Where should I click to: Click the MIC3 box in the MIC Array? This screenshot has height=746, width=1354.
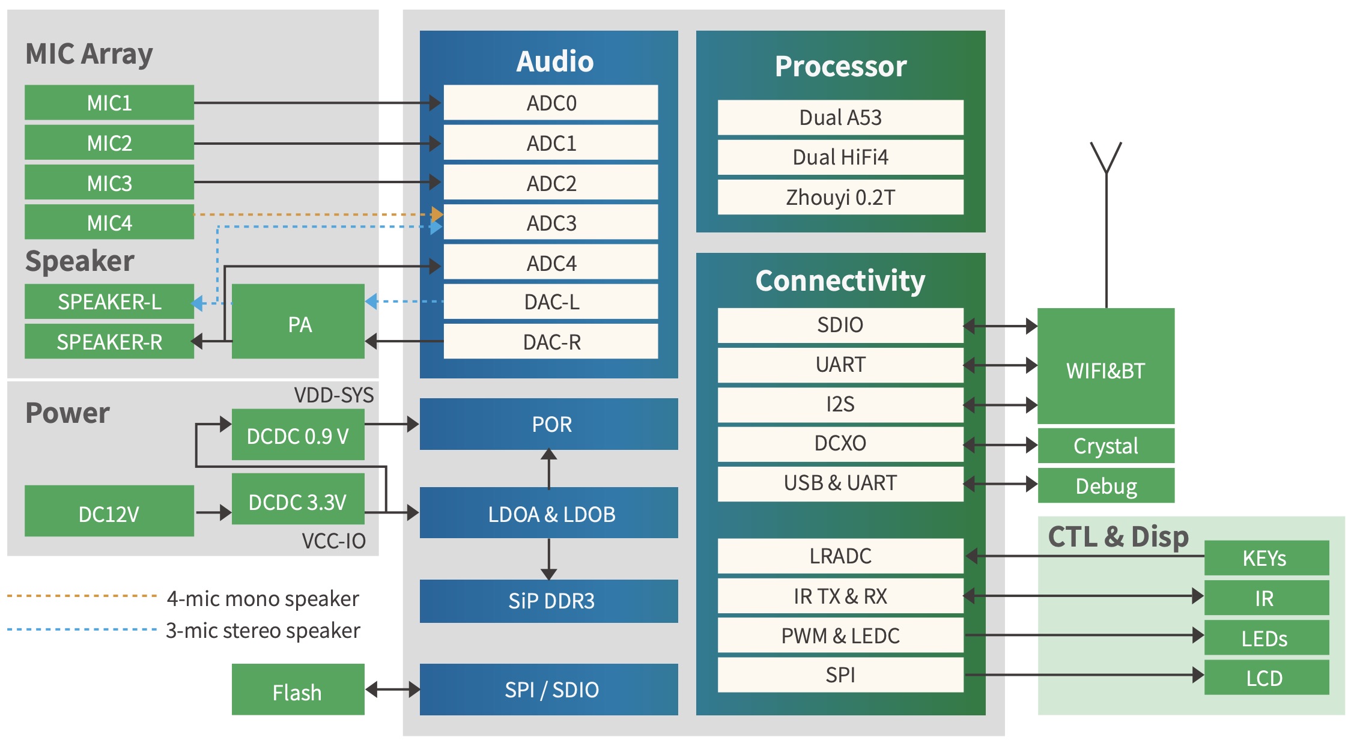109,183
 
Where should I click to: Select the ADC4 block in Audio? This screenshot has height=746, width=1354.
551,263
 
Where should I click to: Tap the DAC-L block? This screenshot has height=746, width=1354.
551,302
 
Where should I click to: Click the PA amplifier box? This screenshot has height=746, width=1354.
299,324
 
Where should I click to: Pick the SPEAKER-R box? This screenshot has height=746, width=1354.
109,342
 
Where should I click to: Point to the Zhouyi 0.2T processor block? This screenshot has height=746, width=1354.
840,197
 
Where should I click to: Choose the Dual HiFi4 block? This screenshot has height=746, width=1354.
840,157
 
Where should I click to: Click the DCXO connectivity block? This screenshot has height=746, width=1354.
840,443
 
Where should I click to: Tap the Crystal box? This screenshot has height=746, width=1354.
1105,446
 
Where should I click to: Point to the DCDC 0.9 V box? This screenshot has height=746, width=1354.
298,435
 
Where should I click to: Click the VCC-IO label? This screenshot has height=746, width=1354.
334,541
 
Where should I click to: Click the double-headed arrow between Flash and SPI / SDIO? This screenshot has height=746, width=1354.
392,689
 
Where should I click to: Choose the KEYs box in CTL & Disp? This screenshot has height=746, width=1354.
1266,558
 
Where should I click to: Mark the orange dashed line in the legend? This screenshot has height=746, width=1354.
82,596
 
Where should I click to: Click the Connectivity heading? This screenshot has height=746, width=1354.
840,281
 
